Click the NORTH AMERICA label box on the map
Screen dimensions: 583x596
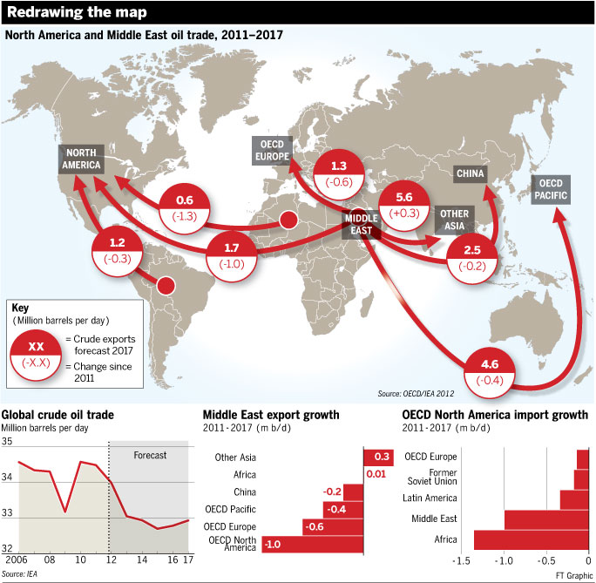tap(80, 157)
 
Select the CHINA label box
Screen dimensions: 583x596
tap(470, 173)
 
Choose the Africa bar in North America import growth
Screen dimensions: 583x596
tap(531, 539)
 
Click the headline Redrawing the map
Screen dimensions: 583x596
tap(76, 12)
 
